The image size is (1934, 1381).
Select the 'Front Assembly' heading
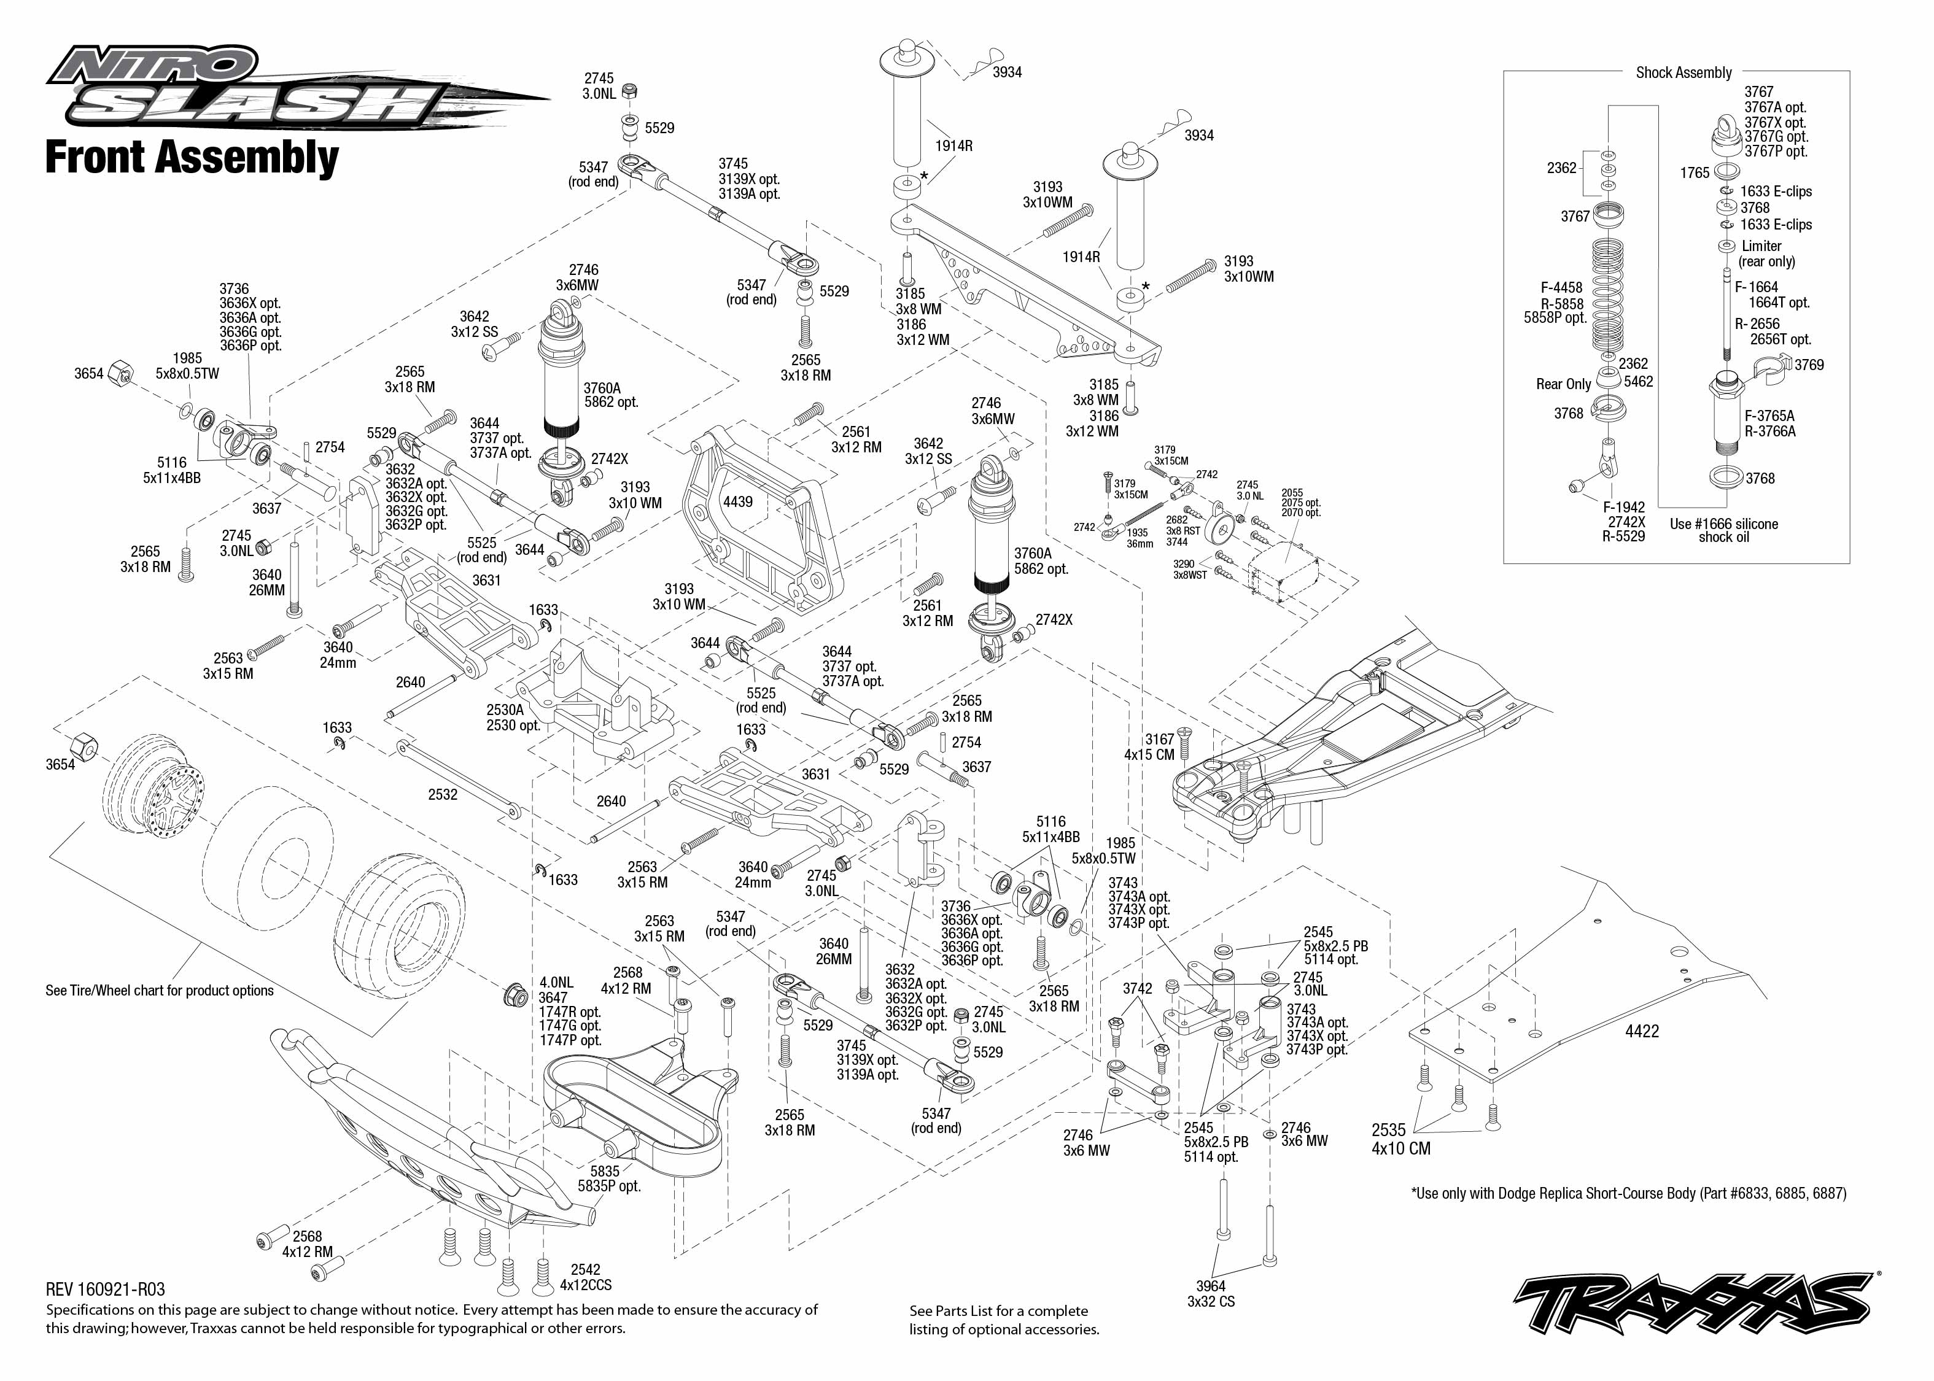[x=192, y=158]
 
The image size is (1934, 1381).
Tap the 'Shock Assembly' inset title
[x=1683, y=73]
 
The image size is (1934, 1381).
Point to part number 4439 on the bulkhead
[x=737, y=501]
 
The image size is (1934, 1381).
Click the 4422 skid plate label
[x=1641, y=1031]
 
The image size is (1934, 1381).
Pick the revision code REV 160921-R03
[x=106, y=1289]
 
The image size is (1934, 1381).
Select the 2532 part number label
[x=442, y=794]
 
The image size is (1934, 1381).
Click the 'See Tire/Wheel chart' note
[x=159, y=991]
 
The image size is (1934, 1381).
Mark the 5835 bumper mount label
[x=608, y=1178]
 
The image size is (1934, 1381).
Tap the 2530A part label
[x=505, y=709]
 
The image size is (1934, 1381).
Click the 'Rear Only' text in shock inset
[x=1563, y=384]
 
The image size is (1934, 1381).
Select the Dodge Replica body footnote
[x=1628, y=1193]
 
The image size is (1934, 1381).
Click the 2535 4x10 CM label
[x=1400, y=1139]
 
